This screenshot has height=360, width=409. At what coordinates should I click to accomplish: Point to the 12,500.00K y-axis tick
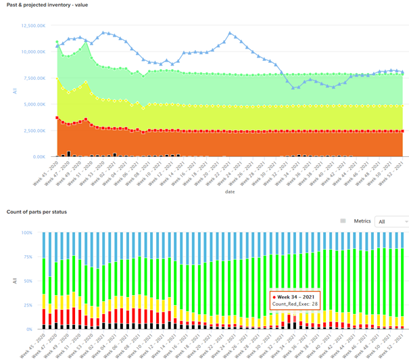34,26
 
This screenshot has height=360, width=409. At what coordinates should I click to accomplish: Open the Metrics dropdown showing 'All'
393,221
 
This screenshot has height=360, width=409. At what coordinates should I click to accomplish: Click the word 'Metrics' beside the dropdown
362,221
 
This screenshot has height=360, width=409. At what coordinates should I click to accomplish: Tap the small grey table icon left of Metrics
343,221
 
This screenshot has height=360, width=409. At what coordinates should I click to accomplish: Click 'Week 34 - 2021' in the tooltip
297,296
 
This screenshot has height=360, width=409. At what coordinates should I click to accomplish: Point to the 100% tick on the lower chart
33,232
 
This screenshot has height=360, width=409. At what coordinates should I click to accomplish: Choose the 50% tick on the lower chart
34,281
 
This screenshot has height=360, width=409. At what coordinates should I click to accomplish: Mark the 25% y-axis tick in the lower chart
34,305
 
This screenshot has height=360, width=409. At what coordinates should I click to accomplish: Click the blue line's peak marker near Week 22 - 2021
231,32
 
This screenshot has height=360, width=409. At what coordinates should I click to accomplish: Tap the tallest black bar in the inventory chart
69,154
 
